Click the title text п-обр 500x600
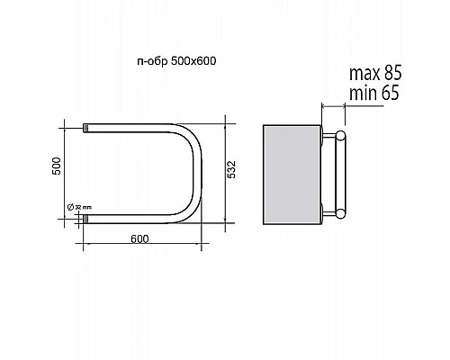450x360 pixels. tap(176, 61)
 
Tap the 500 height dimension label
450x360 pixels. tap(57, 166)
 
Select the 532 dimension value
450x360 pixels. tap(231, 169)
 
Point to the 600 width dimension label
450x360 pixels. tap(139, 238)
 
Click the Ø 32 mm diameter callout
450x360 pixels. tap(79, 207)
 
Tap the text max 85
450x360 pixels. tap(375, 73)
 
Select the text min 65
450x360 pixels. tap(374, 93)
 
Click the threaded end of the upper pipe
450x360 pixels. tap(85, 128)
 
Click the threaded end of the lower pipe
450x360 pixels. tap(85, 219)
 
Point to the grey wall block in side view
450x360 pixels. tap(292, 175)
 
